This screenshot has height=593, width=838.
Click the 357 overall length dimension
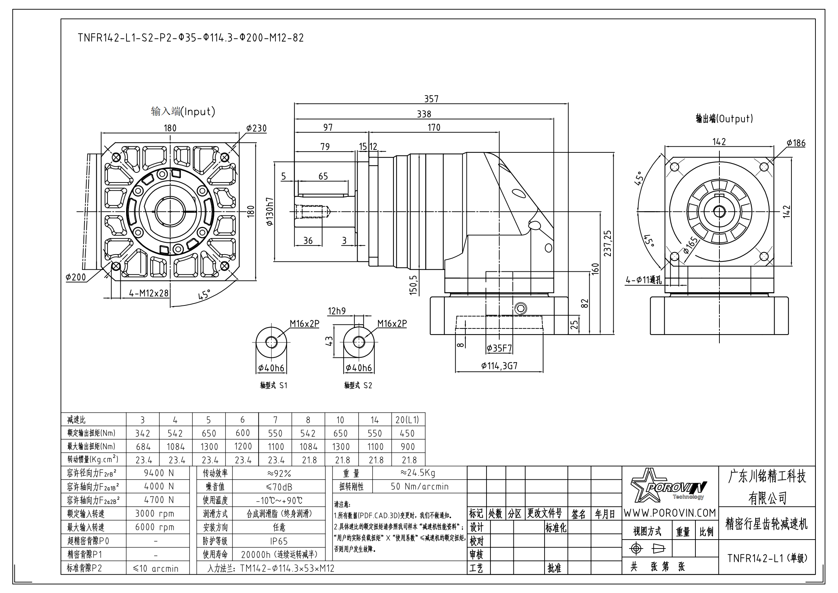[431, 99]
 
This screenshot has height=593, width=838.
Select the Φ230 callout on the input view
[256, 128]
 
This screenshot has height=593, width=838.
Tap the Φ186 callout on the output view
[796, 143]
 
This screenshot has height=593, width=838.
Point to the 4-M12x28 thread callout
[149, 293]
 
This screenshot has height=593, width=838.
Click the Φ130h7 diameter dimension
[270, 212]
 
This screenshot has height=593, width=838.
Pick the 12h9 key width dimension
[336, 311]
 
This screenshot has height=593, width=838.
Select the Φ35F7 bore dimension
[499, 348]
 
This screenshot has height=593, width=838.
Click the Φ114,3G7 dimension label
[499, 365]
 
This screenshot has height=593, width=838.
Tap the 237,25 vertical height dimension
[607, 243]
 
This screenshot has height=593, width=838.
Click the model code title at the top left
[191, 38]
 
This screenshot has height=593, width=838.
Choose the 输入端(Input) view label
[183, 112]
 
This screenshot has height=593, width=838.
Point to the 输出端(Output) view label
[724, 119]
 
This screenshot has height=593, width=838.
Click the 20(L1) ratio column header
[407, 420]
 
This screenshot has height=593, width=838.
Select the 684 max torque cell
[143, 447]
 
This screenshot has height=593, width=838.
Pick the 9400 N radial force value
[159, 473]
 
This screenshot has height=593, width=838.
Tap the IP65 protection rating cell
[279, 541]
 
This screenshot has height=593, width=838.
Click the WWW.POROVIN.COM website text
[669, 513]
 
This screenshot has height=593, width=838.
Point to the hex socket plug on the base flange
[521, 309]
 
